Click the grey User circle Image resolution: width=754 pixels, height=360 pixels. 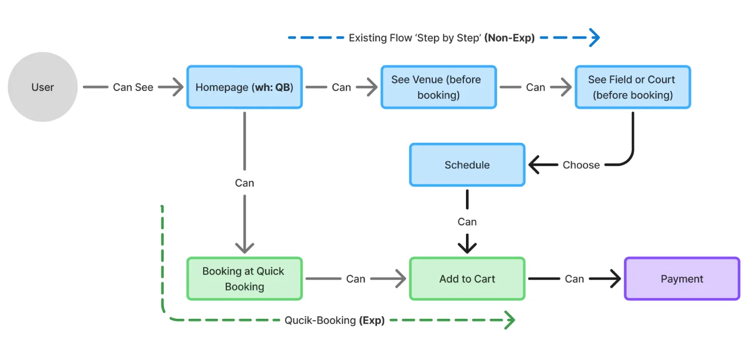pos(43,87)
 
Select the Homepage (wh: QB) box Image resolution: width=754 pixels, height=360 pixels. pos(244,87)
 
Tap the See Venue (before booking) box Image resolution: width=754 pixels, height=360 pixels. pos(438,87)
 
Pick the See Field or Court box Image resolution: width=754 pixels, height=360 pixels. pos(632,87)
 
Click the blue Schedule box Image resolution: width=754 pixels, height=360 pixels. pos(467,165)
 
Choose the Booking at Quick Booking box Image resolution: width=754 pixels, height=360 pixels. pos(244,279)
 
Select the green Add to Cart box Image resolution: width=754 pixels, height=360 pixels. pos(467,279)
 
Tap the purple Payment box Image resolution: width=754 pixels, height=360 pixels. pos(682,279)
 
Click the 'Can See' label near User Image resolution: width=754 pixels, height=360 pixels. pos(133,87)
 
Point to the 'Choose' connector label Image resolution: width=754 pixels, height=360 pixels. pos(581,165)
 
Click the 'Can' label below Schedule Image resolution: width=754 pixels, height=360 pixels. pos(467,222)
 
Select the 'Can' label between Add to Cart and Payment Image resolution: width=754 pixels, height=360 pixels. pos(574,279)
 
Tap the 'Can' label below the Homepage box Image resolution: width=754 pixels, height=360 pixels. pos(244,183)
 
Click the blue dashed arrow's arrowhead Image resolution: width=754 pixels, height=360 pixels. pos(595,38)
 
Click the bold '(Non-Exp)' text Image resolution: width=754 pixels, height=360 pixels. pos(509,38)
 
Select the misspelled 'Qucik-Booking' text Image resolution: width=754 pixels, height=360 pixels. pos(320,320)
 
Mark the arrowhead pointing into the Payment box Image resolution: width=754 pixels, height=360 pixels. pos(614,279)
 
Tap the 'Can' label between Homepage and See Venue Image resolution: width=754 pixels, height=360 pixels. pos(341,87)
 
